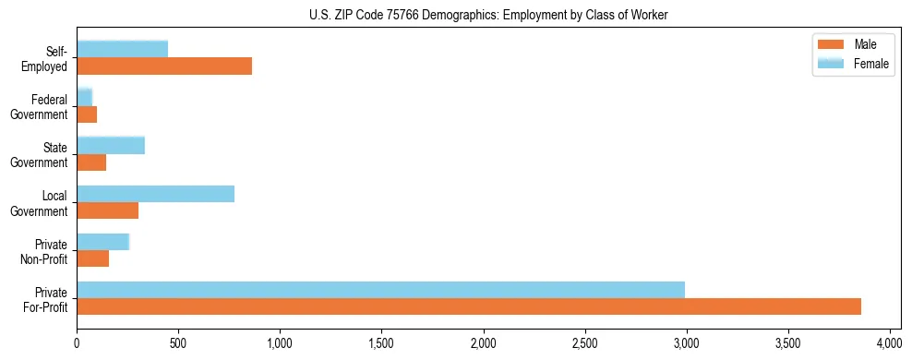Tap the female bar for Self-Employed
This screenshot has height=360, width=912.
tap(123, 49)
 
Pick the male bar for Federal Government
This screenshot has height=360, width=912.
tap(87, 114)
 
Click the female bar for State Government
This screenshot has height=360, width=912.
tap(111, 145)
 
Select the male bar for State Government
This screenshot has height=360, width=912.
tap(91, 162)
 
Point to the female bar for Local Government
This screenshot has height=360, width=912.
tap(155, 193)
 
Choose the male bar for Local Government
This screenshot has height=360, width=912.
tap(107, 210)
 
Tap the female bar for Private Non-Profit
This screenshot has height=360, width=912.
tap(102, 242)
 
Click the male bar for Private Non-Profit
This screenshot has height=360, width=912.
tap(92, 259)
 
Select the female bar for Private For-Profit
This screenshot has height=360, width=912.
tap(380, 290)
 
